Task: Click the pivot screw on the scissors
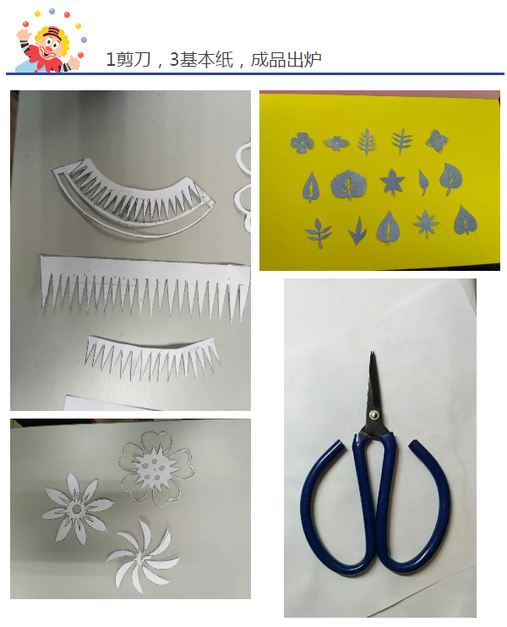374,414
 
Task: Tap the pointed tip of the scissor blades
371,353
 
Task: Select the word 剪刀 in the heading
134,60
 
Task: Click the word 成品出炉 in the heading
286,60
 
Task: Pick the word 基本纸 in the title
206,60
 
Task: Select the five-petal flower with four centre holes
156,468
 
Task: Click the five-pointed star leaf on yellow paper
392,181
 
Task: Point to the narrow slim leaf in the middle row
422,182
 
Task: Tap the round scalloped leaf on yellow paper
348,185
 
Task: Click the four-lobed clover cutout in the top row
302,143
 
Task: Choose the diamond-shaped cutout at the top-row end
437,140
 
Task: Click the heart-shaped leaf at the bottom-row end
466,220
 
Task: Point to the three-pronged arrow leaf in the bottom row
357,230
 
